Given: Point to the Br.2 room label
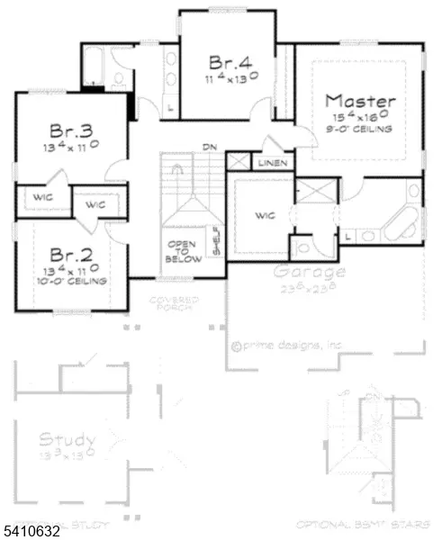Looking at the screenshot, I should [68, 254].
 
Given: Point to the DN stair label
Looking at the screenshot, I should [209, 146].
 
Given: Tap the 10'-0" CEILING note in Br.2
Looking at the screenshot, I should [69, 282].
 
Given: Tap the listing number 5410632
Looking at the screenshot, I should [32, 530].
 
